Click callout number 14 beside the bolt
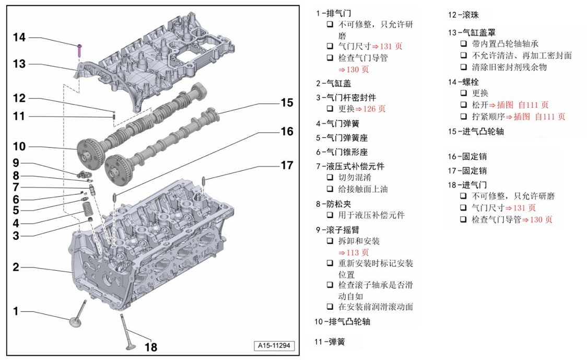[19, 37]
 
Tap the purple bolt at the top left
[79, 49]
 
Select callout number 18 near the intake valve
[150, 346]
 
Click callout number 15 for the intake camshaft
[287, 102]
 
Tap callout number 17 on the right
[287, 165]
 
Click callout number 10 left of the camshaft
[19, 146]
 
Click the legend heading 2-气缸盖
[333, 83]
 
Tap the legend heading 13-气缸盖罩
[468, 33]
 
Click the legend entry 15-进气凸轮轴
[476, 132]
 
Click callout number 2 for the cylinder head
[16, 267]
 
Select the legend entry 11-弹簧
[330, 342]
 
